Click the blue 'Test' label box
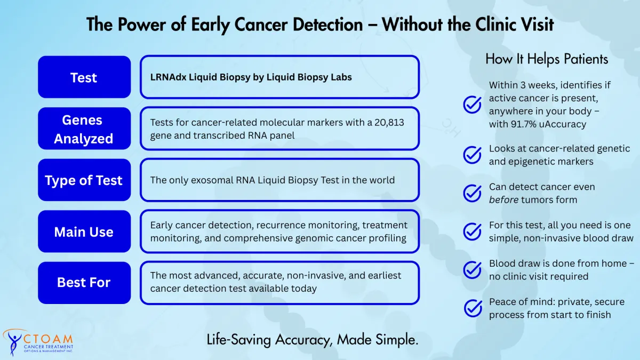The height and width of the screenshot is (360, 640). pyautogui.click(x=84, y=77)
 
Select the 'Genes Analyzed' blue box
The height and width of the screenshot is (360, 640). pyautogui.click(x=84, y=129)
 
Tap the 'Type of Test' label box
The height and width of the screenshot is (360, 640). pyautogui.click(x=84, y=180)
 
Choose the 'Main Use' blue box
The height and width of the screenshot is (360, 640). pyautogui.click(x=84, y=231)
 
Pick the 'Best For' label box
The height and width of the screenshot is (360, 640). pyautogui.click(x=84, y=283)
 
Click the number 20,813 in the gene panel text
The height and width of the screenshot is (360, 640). pyautogui.click(x=389, y=123)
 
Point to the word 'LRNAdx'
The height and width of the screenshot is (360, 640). pyautogui.click(x=168, y=77)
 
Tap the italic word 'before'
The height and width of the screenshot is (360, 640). pyautogui.click(x=503, y=199)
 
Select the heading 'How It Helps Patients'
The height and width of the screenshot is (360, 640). pyautogui.click(x=547, y=59)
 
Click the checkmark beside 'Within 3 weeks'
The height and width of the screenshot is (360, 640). pyautogui.click(x=473, y=105)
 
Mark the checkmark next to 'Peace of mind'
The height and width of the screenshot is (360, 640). pyautogui.click(x=473, y=308)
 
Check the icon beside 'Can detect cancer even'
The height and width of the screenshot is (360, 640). pyautogui.click(x=473, y=193)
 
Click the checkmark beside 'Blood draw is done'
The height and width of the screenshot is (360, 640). pyautogui.click(x=473, y=270)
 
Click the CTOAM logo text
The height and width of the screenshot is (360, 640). pyautogui.click(x=48, y=339)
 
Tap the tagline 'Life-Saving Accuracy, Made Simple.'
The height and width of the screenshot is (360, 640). pyautogui.click(x=313, y=340)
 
